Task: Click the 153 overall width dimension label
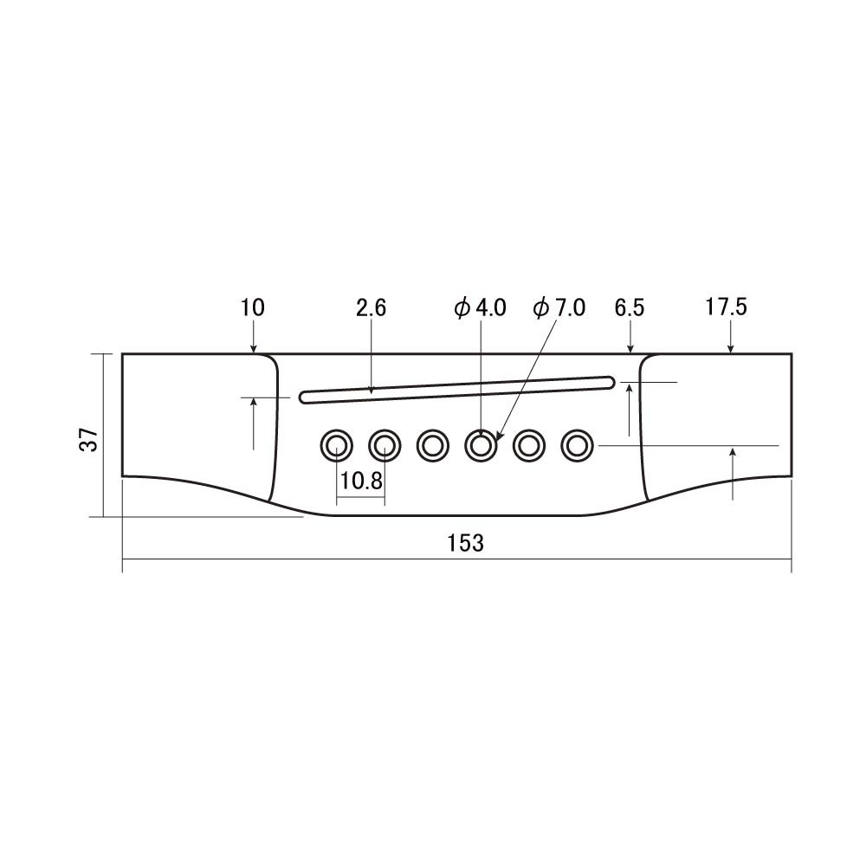pos(465,544)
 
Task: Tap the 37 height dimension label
pos(89,440)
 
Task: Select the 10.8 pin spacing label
pos(361,481)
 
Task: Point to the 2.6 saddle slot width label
pos(371,307)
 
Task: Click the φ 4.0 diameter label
pos(480,307)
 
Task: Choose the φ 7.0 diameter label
pos(559,307)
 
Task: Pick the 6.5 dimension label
pos(629,307)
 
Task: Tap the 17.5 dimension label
pos(726,307)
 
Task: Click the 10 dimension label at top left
pos(252,307)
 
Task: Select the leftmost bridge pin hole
pos(336,445)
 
